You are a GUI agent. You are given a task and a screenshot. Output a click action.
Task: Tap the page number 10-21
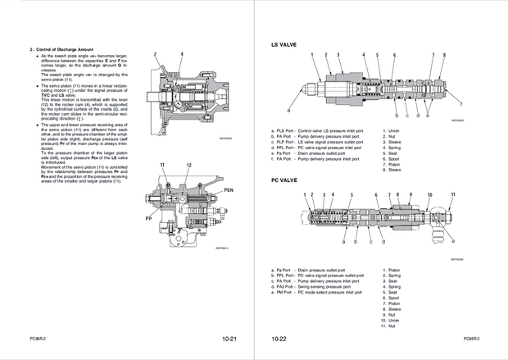(x=229, y=338)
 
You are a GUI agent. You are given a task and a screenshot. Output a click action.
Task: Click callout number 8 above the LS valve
(x=443, y=55)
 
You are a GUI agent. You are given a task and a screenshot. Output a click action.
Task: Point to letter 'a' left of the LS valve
(x=289, y=109)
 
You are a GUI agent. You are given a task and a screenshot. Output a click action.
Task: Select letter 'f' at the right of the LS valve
(x=461, y=105)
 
